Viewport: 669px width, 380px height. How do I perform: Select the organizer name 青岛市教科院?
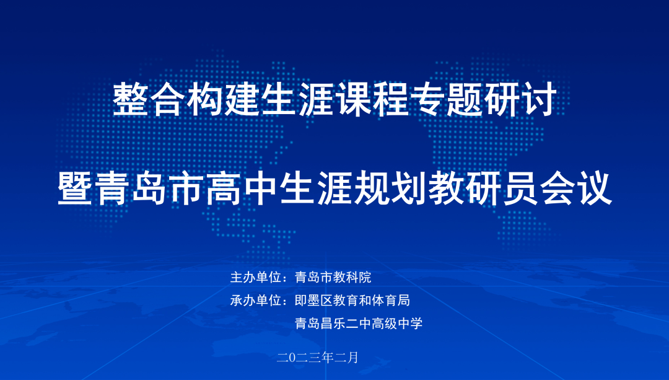click(333, 277)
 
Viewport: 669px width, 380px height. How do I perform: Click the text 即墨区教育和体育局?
click(352, 300)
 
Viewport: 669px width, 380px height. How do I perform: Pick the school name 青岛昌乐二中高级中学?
click(359, 323)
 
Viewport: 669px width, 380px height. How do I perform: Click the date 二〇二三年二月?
click(318, 357)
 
